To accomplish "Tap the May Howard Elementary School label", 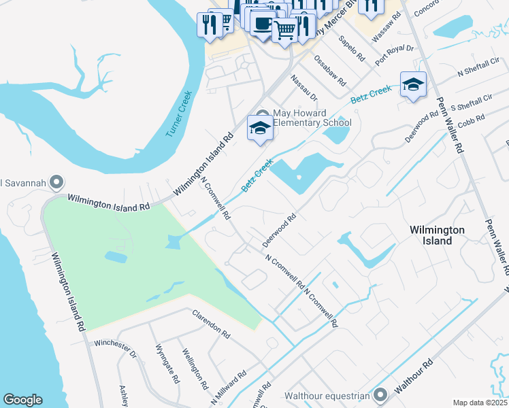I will (x=312, y=118).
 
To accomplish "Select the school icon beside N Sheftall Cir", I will (x=413, y=85).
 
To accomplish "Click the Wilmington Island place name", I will (x=437, y=235).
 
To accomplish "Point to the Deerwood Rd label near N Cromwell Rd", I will (x=279, y=231).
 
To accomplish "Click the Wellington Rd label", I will (x=195, y=369).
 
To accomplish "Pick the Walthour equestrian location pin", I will (x=380, y=394).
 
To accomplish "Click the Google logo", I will (x=22, y=400).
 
